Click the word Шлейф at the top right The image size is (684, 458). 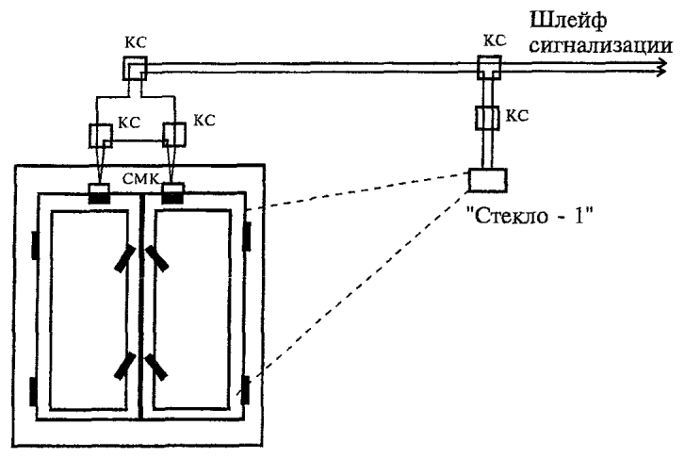pos(568,21)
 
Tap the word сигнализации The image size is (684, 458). pos(601,45)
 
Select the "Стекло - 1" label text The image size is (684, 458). pos(530,215)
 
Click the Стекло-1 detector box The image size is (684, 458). pos(488,181)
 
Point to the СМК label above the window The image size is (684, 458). pos(140,178)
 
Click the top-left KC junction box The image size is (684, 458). pos(135,68)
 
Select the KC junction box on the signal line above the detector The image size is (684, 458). pos(489,67)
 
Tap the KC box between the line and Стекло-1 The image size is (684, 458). pos(487,118)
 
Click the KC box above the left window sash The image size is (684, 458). pos(101,136)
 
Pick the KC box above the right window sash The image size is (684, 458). pos(173,135)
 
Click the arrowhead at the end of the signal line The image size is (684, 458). pos(661,67)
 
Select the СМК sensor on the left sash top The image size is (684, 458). pos(100,194)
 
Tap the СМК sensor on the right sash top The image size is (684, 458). pos(172,193)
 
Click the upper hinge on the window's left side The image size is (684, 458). pos(35,245)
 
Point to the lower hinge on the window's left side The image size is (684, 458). pos(33,392)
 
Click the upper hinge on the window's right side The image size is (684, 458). pos(247,237)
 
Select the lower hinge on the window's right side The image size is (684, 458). pos(246,389)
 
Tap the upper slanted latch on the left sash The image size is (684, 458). pos(125,258)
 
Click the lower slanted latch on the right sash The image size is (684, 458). pos(155,368)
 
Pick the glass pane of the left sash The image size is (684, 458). pos(89,311)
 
